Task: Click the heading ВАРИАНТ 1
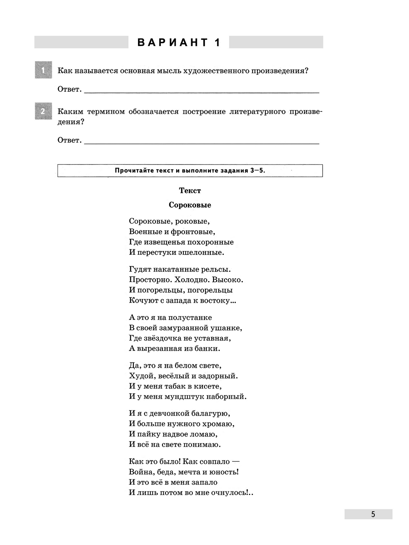pos(179,43)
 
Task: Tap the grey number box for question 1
pos(43,70)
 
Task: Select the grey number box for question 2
pos(43,111)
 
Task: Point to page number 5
pos(373,514)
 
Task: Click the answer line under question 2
pos(201,143)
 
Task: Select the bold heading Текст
pos(190,190)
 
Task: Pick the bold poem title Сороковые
pos(190,205)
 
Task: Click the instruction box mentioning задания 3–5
pos(190,171)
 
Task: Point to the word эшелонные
pos(203,252)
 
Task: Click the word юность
pos(224,472)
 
